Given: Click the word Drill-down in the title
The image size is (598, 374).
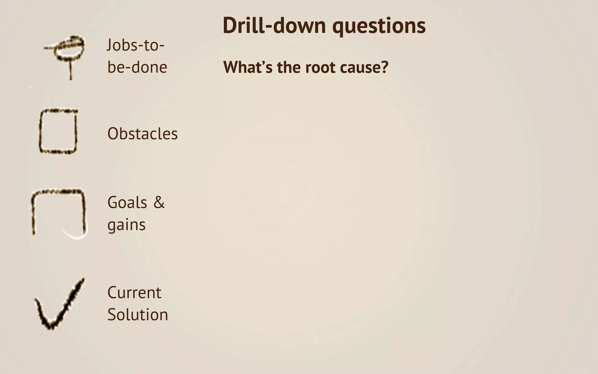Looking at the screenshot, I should [x=274, y=26].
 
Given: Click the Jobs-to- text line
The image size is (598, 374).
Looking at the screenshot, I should [x=135, y=45].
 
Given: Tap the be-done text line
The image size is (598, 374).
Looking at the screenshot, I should [x=137, y=67].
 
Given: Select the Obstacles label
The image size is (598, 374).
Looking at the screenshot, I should [x=142, y=134].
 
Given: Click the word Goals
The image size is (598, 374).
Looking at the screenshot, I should [x=127, y=202].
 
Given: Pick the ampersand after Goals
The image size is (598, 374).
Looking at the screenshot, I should [x=159, y=202].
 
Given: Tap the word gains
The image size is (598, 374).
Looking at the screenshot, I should [x=126, y=225].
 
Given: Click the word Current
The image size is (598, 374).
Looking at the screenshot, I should [x=134, y=292].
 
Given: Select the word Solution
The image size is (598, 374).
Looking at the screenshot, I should [x=138, y=315].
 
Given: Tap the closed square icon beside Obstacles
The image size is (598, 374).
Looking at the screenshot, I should [x=58, y=131].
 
